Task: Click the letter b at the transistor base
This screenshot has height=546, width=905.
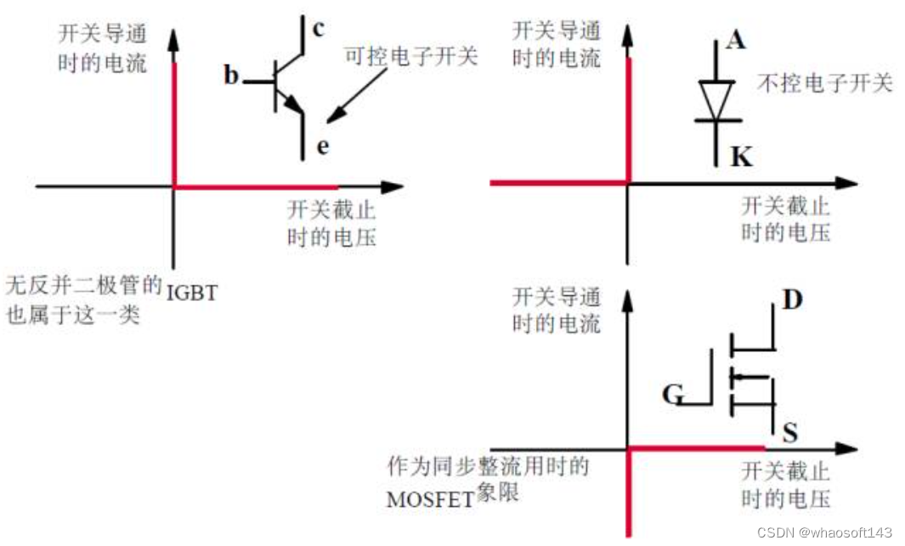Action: click(232, 76)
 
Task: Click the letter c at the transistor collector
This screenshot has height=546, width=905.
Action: click(318, 29)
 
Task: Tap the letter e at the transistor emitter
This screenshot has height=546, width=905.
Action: click(322, 146)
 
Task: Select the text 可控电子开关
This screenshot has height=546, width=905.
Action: click(411, 57)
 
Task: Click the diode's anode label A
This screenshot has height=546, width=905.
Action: click(736, 39)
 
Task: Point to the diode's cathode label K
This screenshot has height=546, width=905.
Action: click(740, 157)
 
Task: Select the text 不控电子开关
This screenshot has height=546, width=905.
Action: click(824, 83)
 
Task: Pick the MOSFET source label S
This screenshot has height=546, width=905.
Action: click(789, 435)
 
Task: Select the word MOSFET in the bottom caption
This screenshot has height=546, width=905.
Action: click(429, 499)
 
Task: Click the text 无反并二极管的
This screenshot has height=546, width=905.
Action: click(83, 284)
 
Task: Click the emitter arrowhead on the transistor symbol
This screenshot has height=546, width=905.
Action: click(295, 105)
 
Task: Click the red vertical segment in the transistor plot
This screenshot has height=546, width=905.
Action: click(174, 123)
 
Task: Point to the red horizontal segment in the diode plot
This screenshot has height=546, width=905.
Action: click(559, 183)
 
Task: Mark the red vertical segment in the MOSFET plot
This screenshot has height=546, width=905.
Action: click(628, 493)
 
